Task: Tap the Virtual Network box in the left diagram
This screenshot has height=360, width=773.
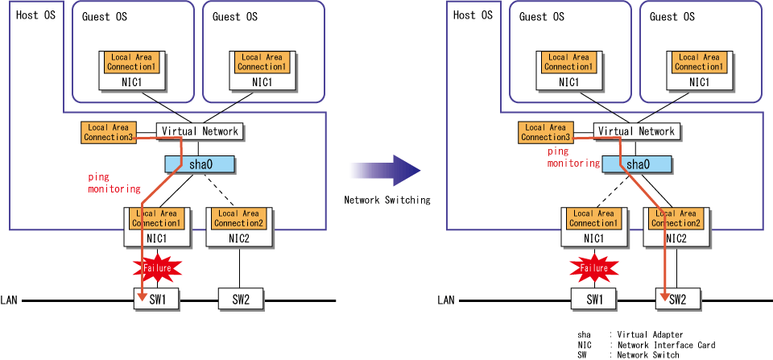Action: [200, 131]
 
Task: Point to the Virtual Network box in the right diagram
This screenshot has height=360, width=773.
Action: [636, 131]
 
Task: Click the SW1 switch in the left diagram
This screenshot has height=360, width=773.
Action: [155, 300]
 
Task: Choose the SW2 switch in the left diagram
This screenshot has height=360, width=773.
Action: [241, 300]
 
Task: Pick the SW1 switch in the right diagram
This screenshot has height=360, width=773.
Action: [593, 300]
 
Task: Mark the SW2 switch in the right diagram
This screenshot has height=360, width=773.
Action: [678, 300]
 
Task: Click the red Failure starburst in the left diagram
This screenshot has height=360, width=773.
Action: [157, 267]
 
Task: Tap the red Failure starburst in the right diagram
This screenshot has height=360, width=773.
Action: [594, 267]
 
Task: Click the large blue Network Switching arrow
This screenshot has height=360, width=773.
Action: [385, 171]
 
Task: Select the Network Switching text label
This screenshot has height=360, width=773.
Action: [387, 201]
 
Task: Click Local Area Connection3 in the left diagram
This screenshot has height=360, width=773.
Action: [109, 133]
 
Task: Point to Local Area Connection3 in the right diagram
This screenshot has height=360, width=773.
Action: [546, 133]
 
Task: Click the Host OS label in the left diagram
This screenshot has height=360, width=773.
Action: [36, 14]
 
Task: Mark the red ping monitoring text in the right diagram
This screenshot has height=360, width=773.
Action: [573, 157]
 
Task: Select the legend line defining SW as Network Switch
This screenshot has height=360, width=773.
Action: [628, 355]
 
